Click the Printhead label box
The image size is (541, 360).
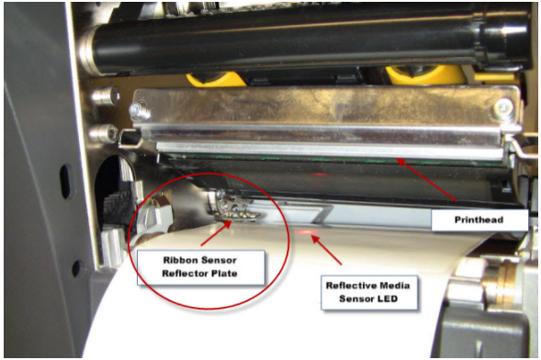479,219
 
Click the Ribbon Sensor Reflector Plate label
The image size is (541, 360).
201,267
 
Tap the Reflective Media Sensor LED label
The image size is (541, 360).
369,292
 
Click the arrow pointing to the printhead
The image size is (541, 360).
427,180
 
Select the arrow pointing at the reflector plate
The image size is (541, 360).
217,232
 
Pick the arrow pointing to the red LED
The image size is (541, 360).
326,250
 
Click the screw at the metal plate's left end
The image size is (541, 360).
139,110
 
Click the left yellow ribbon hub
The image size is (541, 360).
217,79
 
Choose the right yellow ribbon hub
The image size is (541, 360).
426,74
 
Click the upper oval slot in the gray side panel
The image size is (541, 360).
66,182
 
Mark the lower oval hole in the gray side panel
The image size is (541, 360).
77,268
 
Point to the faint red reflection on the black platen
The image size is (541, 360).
319,174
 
